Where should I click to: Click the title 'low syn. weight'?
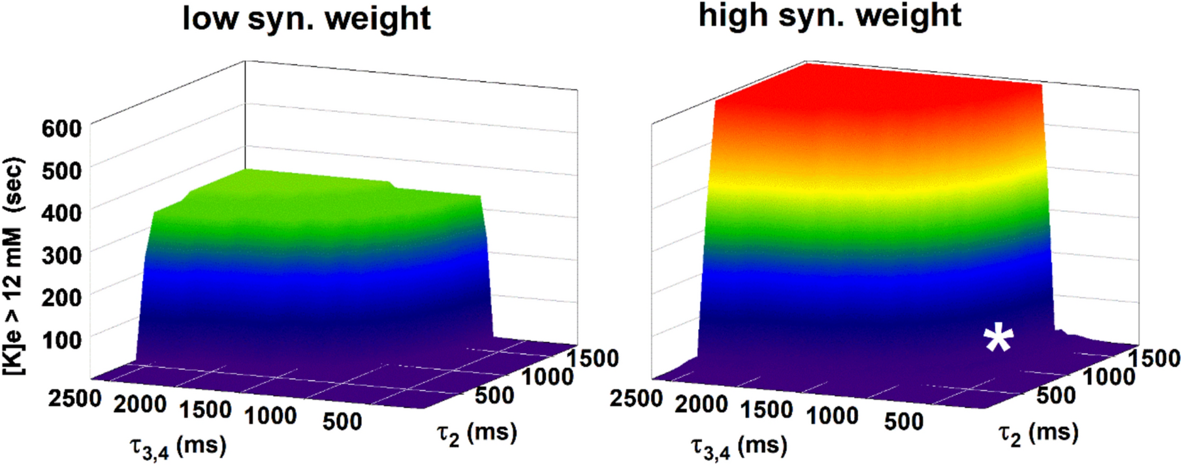point(306,18)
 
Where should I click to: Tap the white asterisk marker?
point(998,339)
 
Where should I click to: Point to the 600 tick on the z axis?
point(61,128)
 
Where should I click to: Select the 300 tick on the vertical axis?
point(61,255)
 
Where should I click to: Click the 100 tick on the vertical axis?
point(61,339)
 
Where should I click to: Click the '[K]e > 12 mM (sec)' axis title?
point(13,266)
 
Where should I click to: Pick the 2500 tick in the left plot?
point(74,397)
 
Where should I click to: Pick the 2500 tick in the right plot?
point(636,397)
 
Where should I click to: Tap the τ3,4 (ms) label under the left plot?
point(178,446)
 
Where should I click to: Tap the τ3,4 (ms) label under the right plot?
point(739,446)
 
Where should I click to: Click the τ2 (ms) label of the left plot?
point(477,433)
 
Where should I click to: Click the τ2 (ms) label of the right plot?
point(1038,433)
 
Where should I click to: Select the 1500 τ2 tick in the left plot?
point(592,358)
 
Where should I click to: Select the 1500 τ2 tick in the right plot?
point(1154,358)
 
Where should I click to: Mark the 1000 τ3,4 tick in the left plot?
point(270,415)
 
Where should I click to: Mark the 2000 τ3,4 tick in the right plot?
point(701,405)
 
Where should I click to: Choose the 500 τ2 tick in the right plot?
point(1055,395)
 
